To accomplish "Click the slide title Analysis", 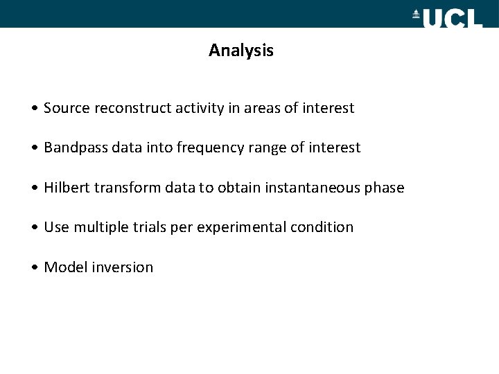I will click(240, 51).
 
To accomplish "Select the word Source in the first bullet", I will click(64, 108).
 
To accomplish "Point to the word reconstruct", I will click(123, 108).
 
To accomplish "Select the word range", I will click(265, 148).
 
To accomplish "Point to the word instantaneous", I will click(318, 188).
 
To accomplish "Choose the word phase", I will click(384, 188).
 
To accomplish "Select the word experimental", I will click(241, 227).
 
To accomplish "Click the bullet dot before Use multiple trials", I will click(35, 228).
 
